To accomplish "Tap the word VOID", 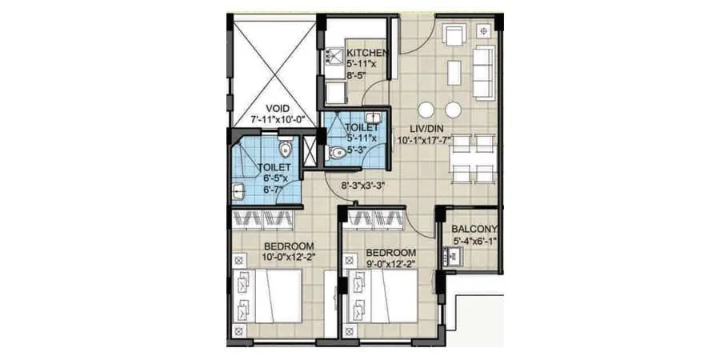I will pos(278,109).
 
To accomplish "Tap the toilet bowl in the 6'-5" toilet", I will pos(286,149).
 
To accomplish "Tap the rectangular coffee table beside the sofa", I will pos(454,74).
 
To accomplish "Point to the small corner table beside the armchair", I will pos(484,30).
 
